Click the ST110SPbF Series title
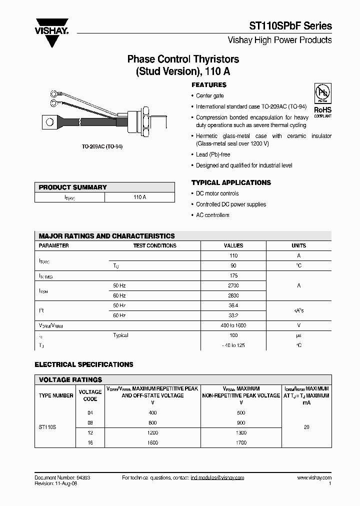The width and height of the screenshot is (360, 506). [x=290, y=26]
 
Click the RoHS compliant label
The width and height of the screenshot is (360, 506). [x=322, y=111]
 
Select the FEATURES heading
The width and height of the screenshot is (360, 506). [x=209, y=85]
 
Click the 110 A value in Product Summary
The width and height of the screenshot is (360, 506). [x=139, y=197]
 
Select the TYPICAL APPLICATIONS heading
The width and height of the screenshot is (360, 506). [x=231, y=182]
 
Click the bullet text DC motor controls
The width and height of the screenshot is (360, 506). [x=217, y=193]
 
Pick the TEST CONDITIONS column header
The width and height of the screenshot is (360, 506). [x=154, y=245]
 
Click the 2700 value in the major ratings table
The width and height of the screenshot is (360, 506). [x=233, y=285]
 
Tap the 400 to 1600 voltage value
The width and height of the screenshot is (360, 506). [x=233, y=325]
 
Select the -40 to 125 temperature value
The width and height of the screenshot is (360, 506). [x=233, y=345]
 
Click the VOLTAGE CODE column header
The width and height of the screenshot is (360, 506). [x=90, y=395]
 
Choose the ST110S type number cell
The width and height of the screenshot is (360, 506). [x=48, y=428]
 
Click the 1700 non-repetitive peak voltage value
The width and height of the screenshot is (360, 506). [x=241, y=443]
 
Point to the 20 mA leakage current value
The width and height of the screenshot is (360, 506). [x=306, y=428]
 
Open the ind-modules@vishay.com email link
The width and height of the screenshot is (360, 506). [x=217, y=478]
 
